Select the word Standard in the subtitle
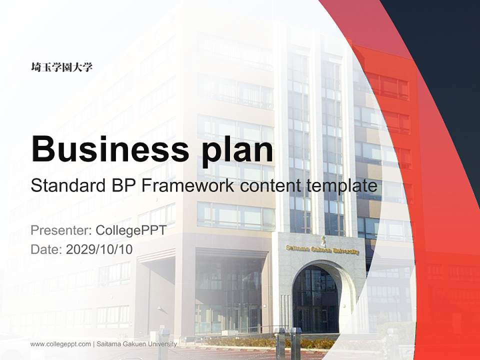click(x=66, y=186)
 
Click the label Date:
click(x=46, y=249)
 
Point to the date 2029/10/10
click(x=99, y=249)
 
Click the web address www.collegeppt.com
click(x=60, y=344)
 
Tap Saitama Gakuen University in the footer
click(x=136, y=344)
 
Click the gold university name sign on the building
click(x=322, y=249)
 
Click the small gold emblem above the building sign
click(x=323, y=239)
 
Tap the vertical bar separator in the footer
click(x=93, y=344)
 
